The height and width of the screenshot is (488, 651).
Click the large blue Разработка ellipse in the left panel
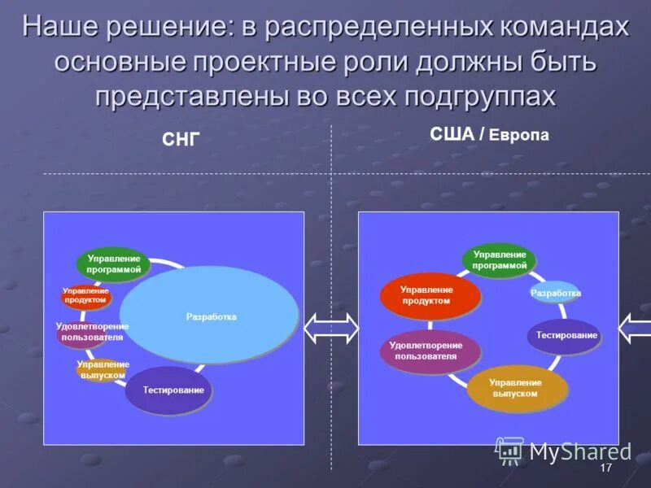tap(210, 316)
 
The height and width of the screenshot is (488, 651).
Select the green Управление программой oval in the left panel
tap(114, 264)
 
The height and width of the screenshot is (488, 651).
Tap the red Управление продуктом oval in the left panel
tap(85, 296)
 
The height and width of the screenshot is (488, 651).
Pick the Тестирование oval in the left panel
tap(173, 390)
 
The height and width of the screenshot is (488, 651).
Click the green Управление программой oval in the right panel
tap(500, 260)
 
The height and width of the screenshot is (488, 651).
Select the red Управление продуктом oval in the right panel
tap(430, 295)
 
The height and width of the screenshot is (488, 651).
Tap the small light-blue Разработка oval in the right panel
tap(555, 293)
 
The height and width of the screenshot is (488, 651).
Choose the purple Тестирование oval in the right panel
tap(564, 335)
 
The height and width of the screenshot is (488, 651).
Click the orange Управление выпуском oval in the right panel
tap(517, 389)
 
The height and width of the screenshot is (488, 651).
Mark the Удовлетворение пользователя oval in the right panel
tap(430, 351)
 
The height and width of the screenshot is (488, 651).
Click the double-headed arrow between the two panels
tap(331, 329)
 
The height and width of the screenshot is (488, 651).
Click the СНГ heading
tap(180, 140)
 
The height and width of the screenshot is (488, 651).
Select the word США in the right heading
tap(452, 135)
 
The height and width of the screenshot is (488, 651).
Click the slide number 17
tap(605, 468)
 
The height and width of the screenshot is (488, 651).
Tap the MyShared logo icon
tap(510, 450)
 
